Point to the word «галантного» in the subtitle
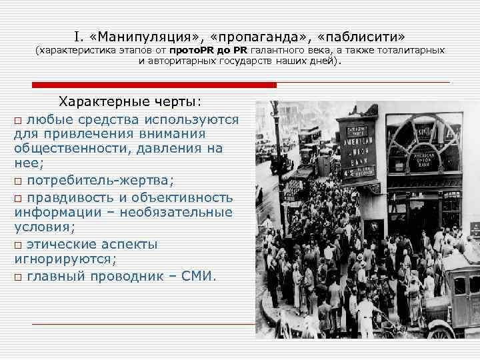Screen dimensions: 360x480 coord(275,51)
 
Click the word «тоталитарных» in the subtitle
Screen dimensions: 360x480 coord(412,51)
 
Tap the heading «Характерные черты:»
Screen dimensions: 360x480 coord(130,102)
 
